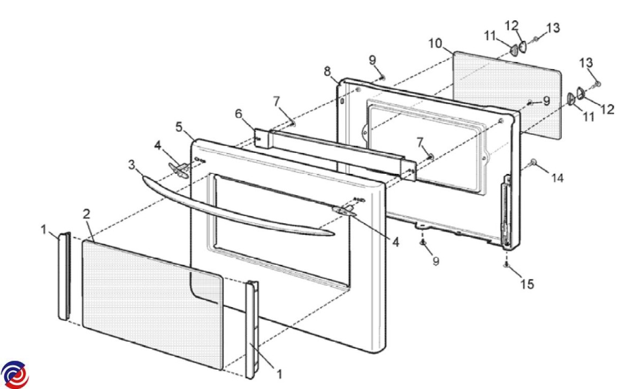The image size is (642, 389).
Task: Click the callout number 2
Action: pyautogui.click(x=86, y=214)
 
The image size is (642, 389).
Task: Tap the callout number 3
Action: pyautogui.click(x=131, y=165)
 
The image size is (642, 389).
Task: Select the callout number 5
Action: pyautogui.click(x=179, y=127)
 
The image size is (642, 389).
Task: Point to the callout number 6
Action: pyautogui.click(x=239, y=114)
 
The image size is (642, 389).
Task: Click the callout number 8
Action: pyautogui.click(x=327, y=71)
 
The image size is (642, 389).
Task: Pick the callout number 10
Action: pyautogui.click(x=435, y=43)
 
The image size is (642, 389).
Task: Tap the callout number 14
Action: pyautogui.click(x=557, y=178)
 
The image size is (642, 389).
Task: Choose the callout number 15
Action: pyautogui.click(x=527, y=284)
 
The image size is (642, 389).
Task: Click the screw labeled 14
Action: pyautogui.click(x=533, y=162)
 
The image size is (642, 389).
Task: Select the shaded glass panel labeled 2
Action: pyautogui.click(x=152, y=305)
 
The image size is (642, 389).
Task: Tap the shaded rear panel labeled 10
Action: pyautogui.click(x=507, y=95)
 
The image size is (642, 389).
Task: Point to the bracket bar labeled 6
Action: pyautogui.click(x=334, y=155)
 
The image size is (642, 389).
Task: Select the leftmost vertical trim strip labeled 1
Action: pyautogui.click(x=65, y=276)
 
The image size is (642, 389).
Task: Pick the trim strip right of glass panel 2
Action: pyautogui.click(x=252, y=330)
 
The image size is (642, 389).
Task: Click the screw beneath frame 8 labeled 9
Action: pyautogui.click(x=423, y=243)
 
